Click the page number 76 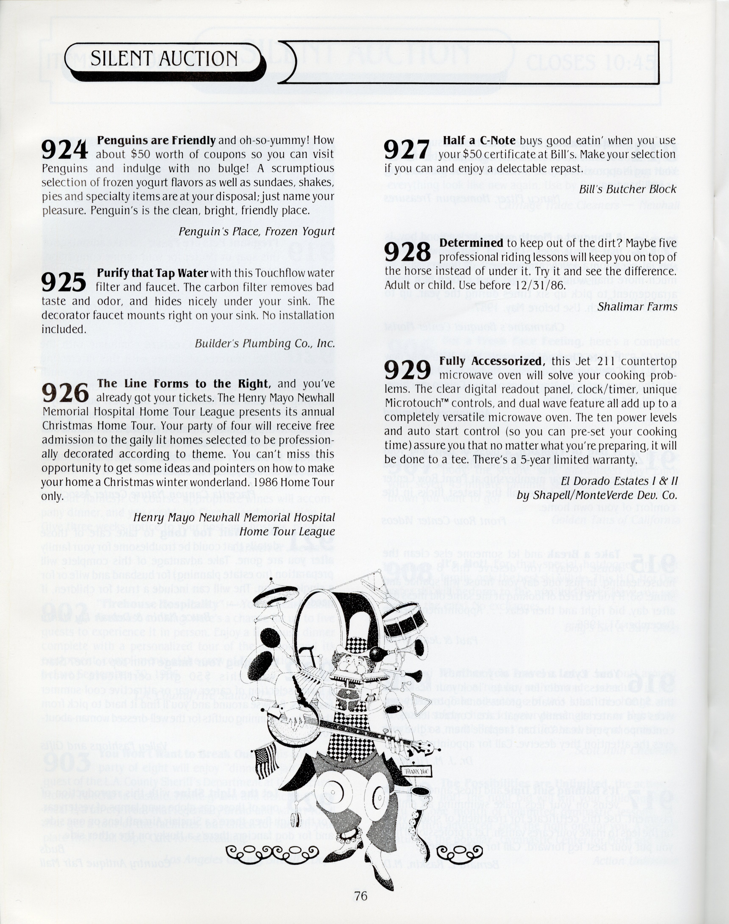point(361,895)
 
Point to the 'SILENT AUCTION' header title point(164,58)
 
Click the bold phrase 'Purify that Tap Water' point(152,273)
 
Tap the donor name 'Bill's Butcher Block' point(628,189)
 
